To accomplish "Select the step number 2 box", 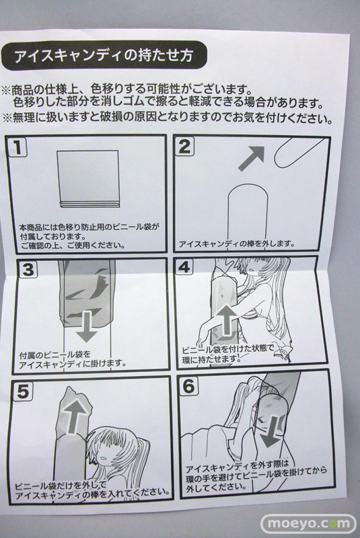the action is [x=185, y=147].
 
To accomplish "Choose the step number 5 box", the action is [x=22, y=391].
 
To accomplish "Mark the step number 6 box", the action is [x=188, y=387].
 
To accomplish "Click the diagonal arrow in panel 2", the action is [x=252, y=158].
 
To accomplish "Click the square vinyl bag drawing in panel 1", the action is [x=88, y=179].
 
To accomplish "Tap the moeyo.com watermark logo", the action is [x=308, y=524].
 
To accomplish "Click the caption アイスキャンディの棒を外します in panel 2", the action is [x=237, y=244].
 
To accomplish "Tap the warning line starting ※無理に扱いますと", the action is [x=168, y=119].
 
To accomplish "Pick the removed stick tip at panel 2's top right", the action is [x=299, y=153].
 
